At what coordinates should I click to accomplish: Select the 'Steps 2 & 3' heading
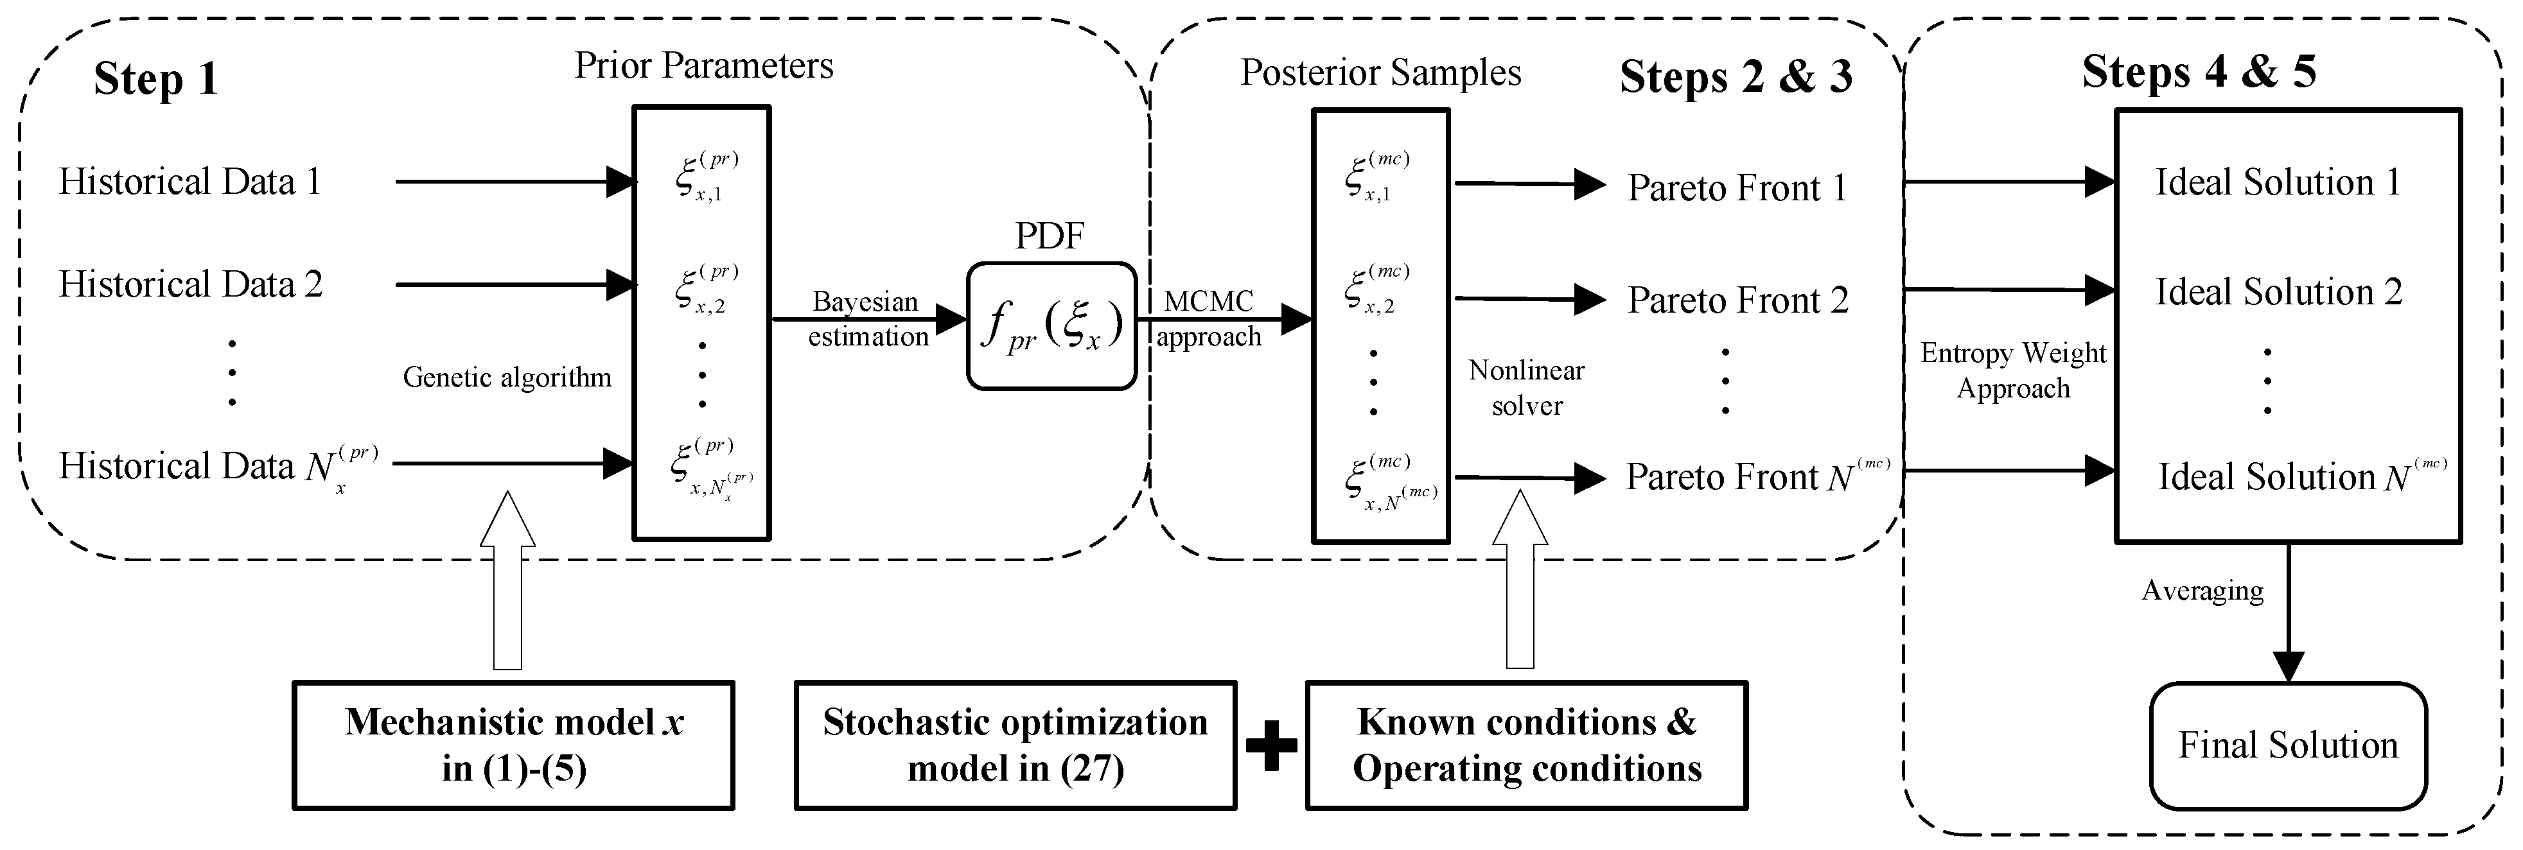point(1736,76)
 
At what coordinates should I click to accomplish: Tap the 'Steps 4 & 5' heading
point(2199,71)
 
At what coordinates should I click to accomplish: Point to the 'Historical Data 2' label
point(190,284)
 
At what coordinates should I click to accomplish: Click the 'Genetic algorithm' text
point(506,377)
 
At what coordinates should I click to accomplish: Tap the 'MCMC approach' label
point(1209,319)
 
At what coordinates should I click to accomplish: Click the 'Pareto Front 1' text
point(1737,187)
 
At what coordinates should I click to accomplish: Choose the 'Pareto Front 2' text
point(1737,300)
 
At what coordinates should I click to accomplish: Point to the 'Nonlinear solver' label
point(1526,388)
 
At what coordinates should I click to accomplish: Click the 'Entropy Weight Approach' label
point(2013,370)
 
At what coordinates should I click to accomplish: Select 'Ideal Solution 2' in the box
point(2278,292)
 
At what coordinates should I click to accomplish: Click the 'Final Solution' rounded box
point(2287,745)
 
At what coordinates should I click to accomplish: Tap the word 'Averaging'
point(2202,591)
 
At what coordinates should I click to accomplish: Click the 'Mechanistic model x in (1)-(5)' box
point(513,745)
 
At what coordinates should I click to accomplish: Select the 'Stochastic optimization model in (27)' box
point(1015,745)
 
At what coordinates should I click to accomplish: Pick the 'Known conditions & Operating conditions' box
point(1526,745)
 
